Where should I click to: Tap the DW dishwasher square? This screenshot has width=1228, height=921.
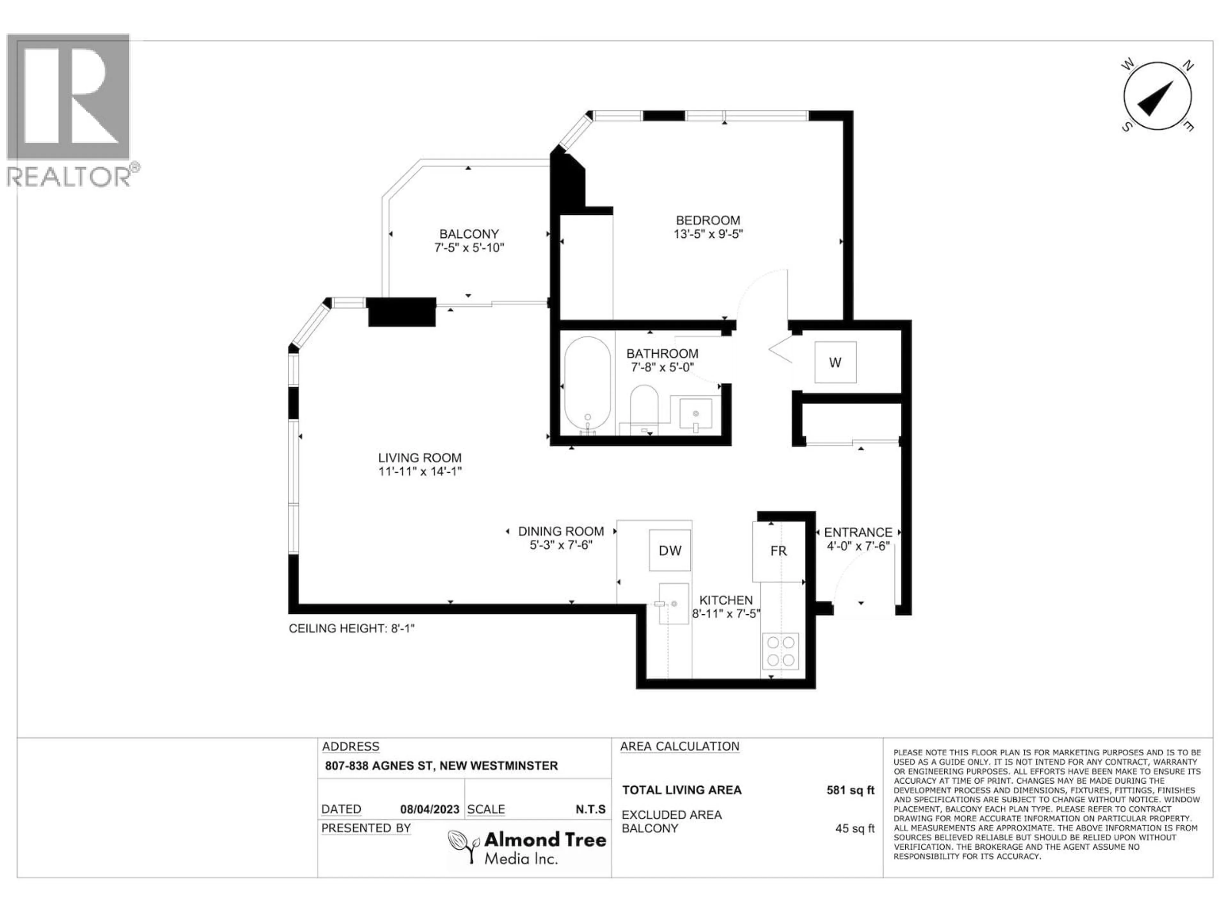[670, 550]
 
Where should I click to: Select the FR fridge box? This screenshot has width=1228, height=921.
[778, 551]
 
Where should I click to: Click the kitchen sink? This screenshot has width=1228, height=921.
[673, 603]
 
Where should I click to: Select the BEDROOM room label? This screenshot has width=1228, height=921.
[708, 220]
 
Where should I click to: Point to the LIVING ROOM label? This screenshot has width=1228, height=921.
[420, 457]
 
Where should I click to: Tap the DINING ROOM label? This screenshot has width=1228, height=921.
[561, 531]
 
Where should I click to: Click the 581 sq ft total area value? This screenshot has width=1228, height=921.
[850, 790]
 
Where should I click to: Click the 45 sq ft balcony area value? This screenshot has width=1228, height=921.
[854, 828]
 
